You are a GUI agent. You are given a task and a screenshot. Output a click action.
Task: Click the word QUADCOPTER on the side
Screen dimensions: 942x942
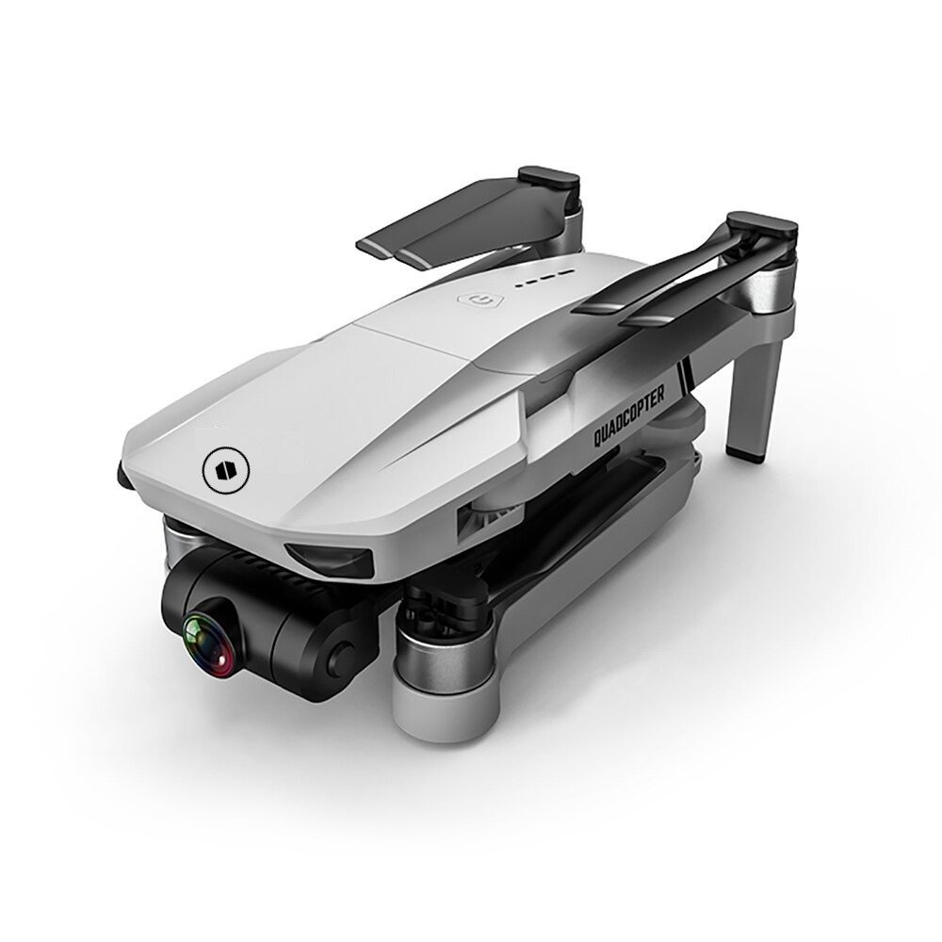pos(629,415)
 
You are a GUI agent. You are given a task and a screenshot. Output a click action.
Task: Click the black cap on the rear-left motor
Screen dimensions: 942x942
pos(549,180)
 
